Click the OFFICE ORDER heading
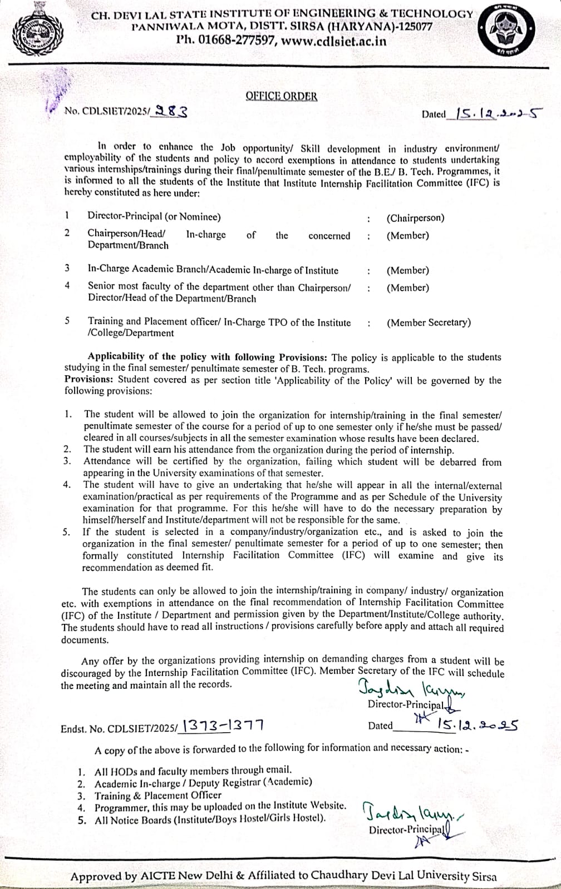281,96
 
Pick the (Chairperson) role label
415,218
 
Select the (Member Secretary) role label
429,322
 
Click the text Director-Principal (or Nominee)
154,217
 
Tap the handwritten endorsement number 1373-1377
223,726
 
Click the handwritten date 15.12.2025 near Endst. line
478,725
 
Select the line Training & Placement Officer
158,796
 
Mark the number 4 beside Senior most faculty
67,286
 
